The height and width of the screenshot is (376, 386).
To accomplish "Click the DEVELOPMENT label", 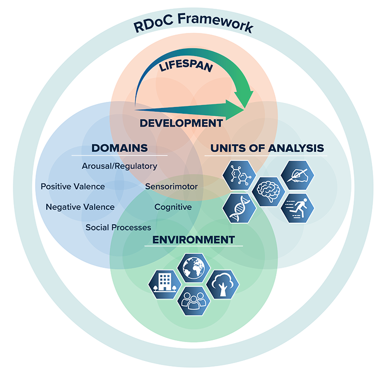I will tap(182, 123).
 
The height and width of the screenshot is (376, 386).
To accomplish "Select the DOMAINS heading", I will tap(119, 148).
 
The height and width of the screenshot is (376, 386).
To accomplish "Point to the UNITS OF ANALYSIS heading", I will tap(267, 148).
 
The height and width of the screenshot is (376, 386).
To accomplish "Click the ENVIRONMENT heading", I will tap(194, 240).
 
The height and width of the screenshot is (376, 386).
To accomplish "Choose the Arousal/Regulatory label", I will tap(119, 166).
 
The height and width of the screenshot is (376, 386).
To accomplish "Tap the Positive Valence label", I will tap(73, 186).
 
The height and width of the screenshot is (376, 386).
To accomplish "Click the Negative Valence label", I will tap(80, 207).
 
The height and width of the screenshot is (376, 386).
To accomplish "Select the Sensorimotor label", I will tap(171, 186).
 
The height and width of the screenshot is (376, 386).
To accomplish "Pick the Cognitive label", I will tap(173, 207).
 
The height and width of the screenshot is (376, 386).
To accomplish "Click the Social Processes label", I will tap(118, 227).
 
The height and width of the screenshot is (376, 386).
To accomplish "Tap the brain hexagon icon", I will tap(268, 191).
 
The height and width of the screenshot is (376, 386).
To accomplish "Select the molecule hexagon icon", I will tap(238, 175).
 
